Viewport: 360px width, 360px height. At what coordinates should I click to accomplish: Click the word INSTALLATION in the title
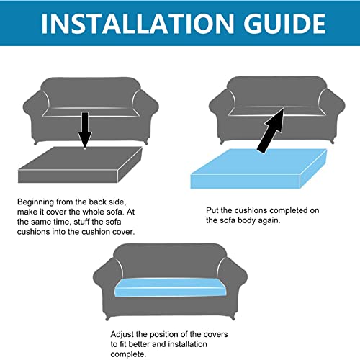click(138, 24)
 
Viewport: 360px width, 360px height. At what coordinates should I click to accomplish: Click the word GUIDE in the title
click(284, 24)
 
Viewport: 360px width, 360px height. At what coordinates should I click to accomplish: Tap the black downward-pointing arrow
click(85, 130)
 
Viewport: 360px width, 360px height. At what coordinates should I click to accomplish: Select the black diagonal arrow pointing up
click(271, 130)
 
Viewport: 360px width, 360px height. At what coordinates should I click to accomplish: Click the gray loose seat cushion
click(80, 165)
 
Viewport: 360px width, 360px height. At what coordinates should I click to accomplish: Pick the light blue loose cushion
click(258, 168)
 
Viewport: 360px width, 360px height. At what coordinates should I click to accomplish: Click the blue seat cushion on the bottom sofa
click(171, 287)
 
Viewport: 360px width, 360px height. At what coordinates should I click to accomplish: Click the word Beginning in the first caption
click(35, 202)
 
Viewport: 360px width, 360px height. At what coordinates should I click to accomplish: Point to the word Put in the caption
click(212, 210)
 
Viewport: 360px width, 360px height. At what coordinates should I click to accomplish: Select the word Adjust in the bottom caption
click(122, 334)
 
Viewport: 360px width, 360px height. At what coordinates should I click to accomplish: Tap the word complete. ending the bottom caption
click(128, 354)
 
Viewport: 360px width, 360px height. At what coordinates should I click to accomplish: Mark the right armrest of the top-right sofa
click(332, 113)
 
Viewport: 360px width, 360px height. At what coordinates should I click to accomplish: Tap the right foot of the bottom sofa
click(233, 318)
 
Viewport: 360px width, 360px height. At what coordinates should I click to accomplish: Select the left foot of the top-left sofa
click(36, 143)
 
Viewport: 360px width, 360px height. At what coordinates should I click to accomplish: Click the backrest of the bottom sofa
click(170, 261)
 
